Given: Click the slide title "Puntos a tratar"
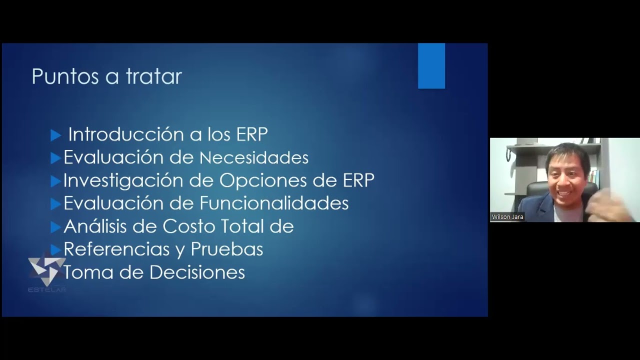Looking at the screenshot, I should (x=106, y=77).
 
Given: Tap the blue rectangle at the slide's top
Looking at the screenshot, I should (x=431, y=65).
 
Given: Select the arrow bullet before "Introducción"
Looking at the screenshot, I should (x=56, y=135).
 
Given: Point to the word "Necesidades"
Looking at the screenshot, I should (x=254, y=158).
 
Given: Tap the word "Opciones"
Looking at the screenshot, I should (x=258, y=181).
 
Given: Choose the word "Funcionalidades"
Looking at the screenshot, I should (x=274, y=203).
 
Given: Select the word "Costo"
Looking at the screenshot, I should (x=189, y=226).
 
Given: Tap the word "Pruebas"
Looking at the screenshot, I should (x=227, y=249).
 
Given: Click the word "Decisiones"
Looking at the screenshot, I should (x=197, y=272).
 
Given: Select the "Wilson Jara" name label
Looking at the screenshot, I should (x=507, y=217).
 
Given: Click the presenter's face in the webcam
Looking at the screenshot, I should (x=568, y=173).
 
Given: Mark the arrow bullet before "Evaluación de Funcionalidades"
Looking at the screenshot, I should (x=55, y=204).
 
